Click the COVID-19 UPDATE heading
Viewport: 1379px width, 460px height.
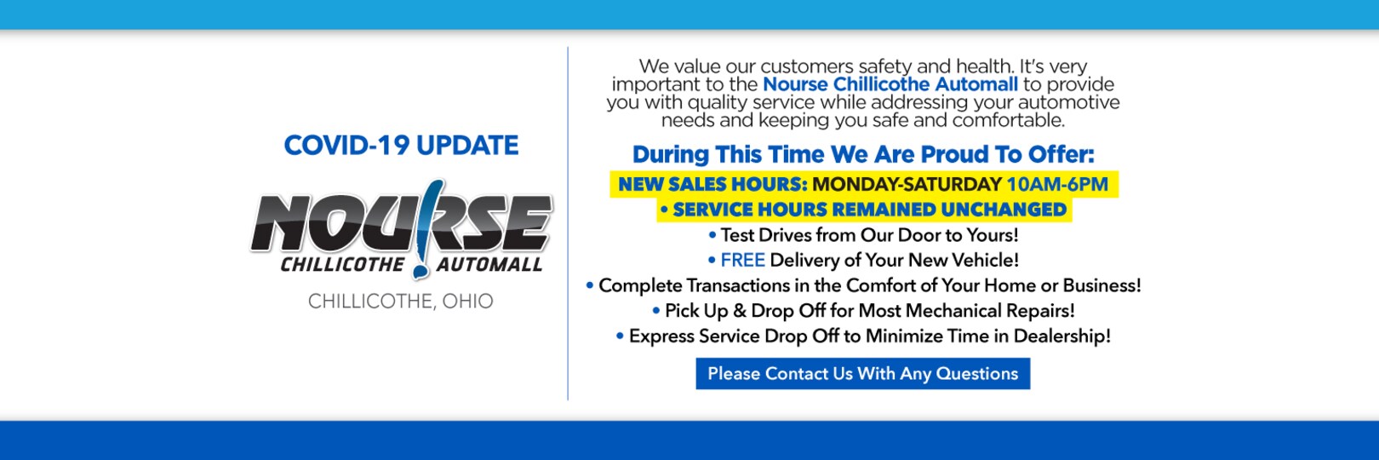point(401,146)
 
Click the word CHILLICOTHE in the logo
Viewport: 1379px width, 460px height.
point(342,265)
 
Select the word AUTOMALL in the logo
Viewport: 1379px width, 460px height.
point(489,265)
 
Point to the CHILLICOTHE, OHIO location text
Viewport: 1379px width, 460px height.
point(400,302)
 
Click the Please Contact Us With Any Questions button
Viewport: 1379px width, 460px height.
point(862,374)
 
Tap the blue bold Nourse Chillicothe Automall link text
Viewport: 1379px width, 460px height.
point(890,84)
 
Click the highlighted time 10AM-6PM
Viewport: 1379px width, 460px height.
point(1057,185)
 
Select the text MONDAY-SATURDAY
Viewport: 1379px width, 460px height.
point(907,185)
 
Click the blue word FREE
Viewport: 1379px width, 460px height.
point(742,261)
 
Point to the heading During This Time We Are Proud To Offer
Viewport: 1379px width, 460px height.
point(862,155)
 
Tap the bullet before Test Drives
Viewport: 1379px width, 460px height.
point(712,235)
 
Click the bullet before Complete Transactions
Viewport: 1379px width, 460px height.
point(590,285)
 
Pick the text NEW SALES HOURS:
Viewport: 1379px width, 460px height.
point(712,185)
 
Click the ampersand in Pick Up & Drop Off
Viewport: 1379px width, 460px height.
point(739,311)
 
